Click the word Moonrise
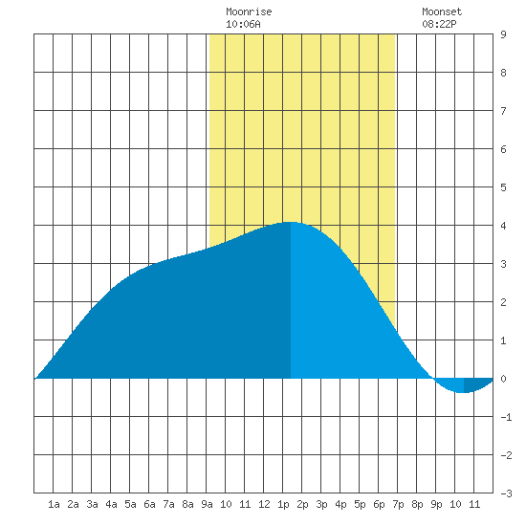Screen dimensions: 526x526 [249, 11]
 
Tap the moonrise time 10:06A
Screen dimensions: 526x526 [243, 24]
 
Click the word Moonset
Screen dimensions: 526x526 [442, 11]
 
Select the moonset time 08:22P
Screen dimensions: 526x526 [439, 24]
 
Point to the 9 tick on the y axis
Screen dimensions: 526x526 [503, 34]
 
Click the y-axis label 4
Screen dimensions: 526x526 [503, 226]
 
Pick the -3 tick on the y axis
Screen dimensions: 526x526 [506, 493]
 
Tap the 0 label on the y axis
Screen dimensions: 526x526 [503, 379]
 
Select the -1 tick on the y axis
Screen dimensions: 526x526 [506, 417]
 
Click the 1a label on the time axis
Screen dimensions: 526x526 [54, 504]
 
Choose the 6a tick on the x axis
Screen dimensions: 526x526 [149, 504]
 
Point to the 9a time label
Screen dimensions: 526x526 [207, 504]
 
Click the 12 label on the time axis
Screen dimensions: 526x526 [264, 504]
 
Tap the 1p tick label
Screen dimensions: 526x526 [283, 505]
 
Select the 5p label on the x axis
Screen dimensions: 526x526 [360, 505]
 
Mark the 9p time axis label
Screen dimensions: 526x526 [436, 505]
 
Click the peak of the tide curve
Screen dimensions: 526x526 [290, 222]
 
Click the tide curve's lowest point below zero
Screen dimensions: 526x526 [464, 392]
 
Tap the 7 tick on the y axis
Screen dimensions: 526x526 [503, 111]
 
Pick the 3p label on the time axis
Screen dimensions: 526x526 [321, 505]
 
